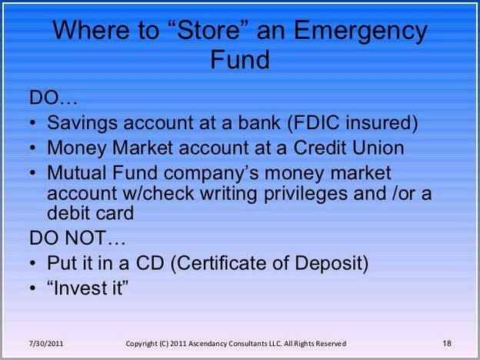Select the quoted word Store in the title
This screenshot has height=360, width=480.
[x=208, y=30]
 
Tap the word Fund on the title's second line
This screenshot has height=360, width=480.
[x=240, y=59]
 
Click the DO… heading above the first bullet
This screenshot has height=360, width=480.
[x=53, y=98]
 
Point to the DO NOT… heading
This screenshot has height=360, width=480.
[x=77, y=238]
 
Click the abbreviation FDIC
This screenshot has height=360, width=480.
[x=314, y=122]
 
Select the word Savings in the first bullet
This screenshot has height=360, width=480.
[x=82, y=123]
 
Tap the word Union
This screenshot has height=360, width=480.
[x=378, y=148]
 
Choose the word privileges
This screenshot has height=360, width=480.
[x=305, y=194]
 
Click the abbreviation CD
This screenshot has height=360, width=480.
[x=150, y=262]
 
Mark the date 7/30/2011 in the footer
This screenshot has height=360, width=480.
[x=46, y=344]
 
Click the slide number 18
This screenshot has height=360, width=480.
[x=447, y=343]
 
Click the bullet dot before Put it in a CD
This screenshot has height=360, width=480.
[x=33, y=263]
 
